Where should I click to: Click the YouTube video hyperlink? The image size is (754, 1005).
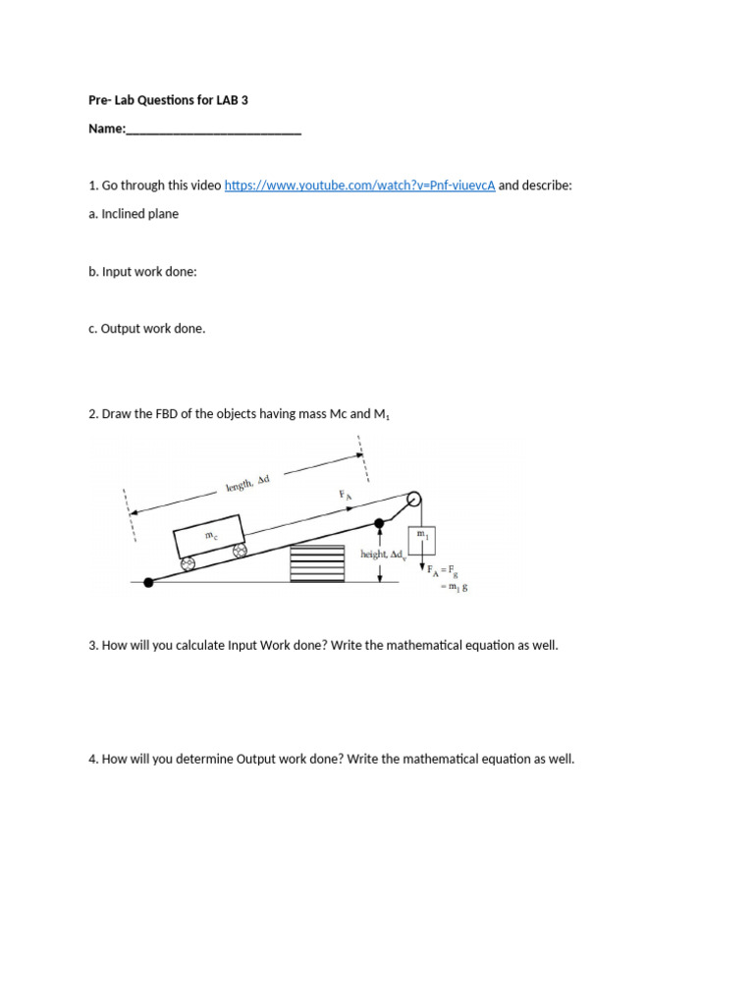(359, 185)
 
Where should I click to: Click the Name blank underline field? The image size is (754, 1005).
(213, 130)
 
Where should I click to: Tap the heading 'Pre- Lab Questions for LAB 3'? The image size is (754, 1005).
(169, 100)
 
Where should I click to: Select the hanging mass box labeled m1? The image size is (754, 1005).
(422, 540)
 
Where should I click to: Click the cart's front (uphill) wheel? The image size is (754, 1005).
(239, 553)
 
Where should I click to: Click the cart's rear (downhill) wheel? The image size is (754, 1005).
(187, 564)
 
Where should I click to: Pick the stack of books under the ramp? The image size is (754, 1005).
(317, 564)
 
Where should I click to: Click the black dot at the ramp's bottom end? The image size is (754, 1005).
(148, 582)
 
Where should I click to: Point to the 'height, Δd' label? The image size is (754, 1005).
(384, 555)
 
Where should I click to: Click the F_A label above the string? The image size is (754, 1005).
(346, 496)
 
